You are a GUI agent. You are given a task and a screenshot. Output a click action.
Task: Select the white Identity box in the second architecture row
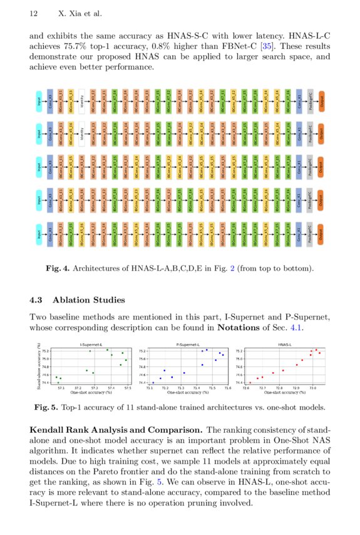click(82, 133)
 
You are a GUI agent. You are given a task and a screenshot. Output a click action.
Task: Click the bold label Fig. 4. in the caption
click(58, 269)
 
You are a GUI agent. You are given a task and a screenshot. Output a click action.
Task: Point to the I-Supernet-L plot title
click(91, 345)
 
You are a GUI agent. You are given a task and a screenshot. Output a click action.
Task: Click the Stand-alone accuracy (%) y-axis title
click(39, 365)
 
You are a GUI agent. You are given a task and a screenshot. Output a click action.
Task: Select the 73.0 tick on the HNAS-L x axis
click(312, 388)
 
